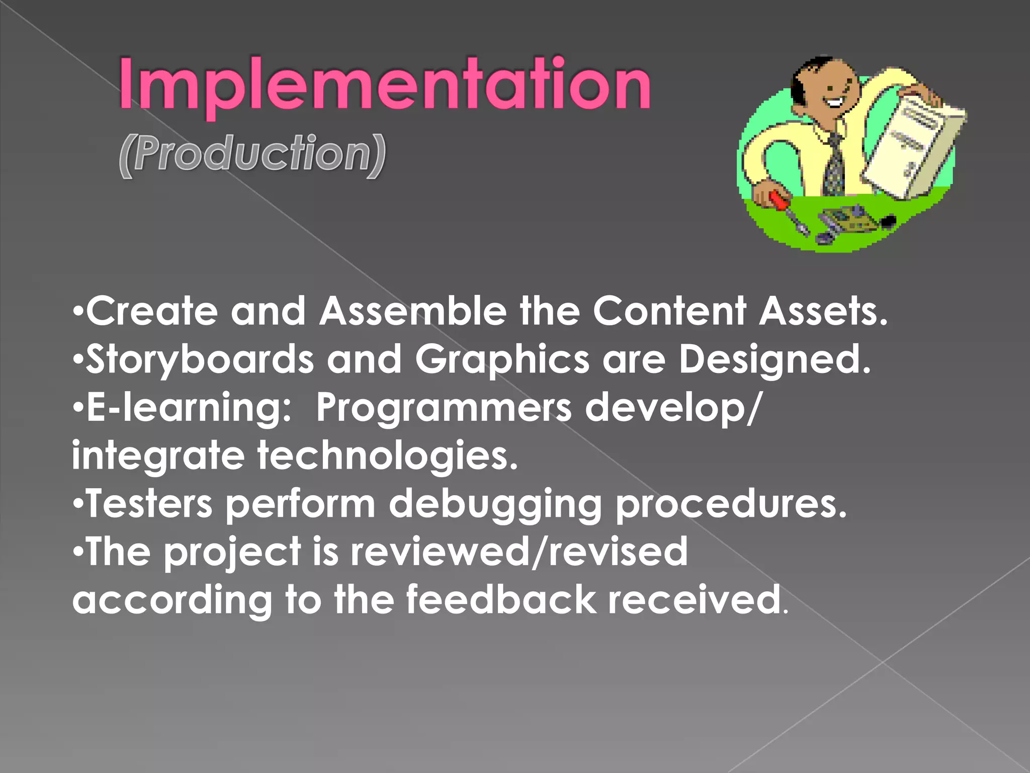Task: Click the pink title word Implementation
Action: (x=385, y=85)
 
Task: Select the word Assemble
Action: (x=413, y=311)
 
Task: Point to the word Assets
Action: (x=823, y=311)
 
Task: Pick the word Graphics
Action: (x=502, y=360)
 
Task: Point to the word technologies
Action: (x=387, y=455)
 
